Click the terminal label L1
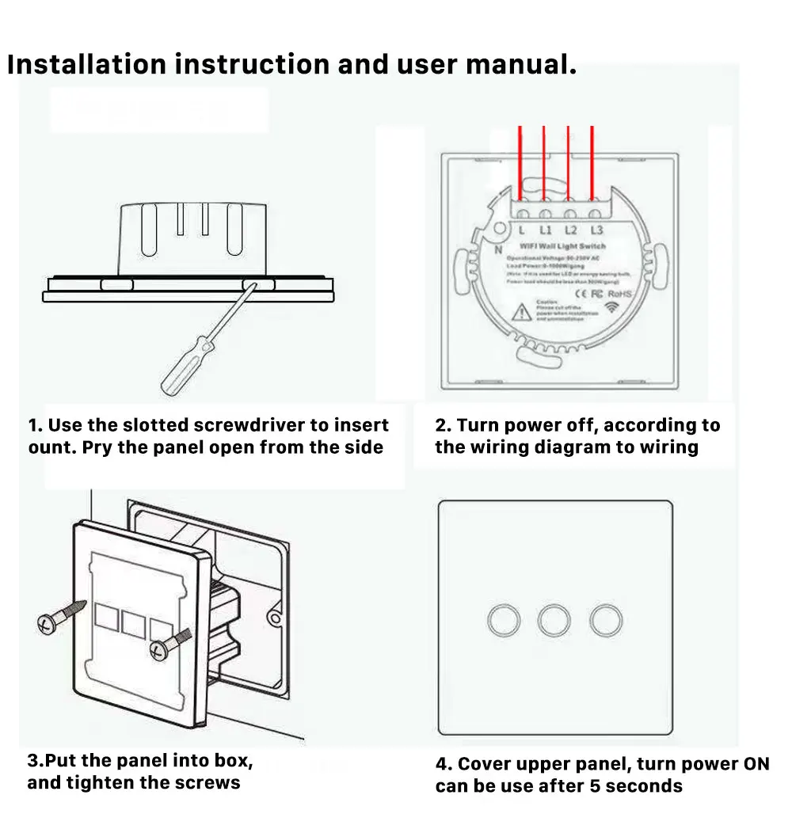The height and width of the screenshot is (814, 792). coord(546,230)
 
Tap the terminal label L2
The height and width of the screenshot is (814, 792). coord(571,230)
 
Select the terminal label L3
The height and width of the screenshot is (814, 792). coord(596,230)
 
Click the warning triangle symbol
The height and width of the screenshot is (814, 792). coord(523,310)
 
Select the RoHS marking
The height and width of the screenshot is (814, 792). coord(620,294)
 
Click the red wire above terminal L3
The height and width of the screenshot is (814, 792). coord(593,166)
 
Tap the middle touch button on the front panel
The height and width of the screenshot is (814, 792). coord(554,621)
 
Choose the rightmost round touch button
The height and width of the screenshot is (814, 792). coord(606,621)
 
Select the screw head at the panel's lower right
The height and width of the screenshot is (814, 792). coord(159,649)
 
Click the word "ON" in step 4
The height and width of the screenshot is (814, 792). coord(756,764)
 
